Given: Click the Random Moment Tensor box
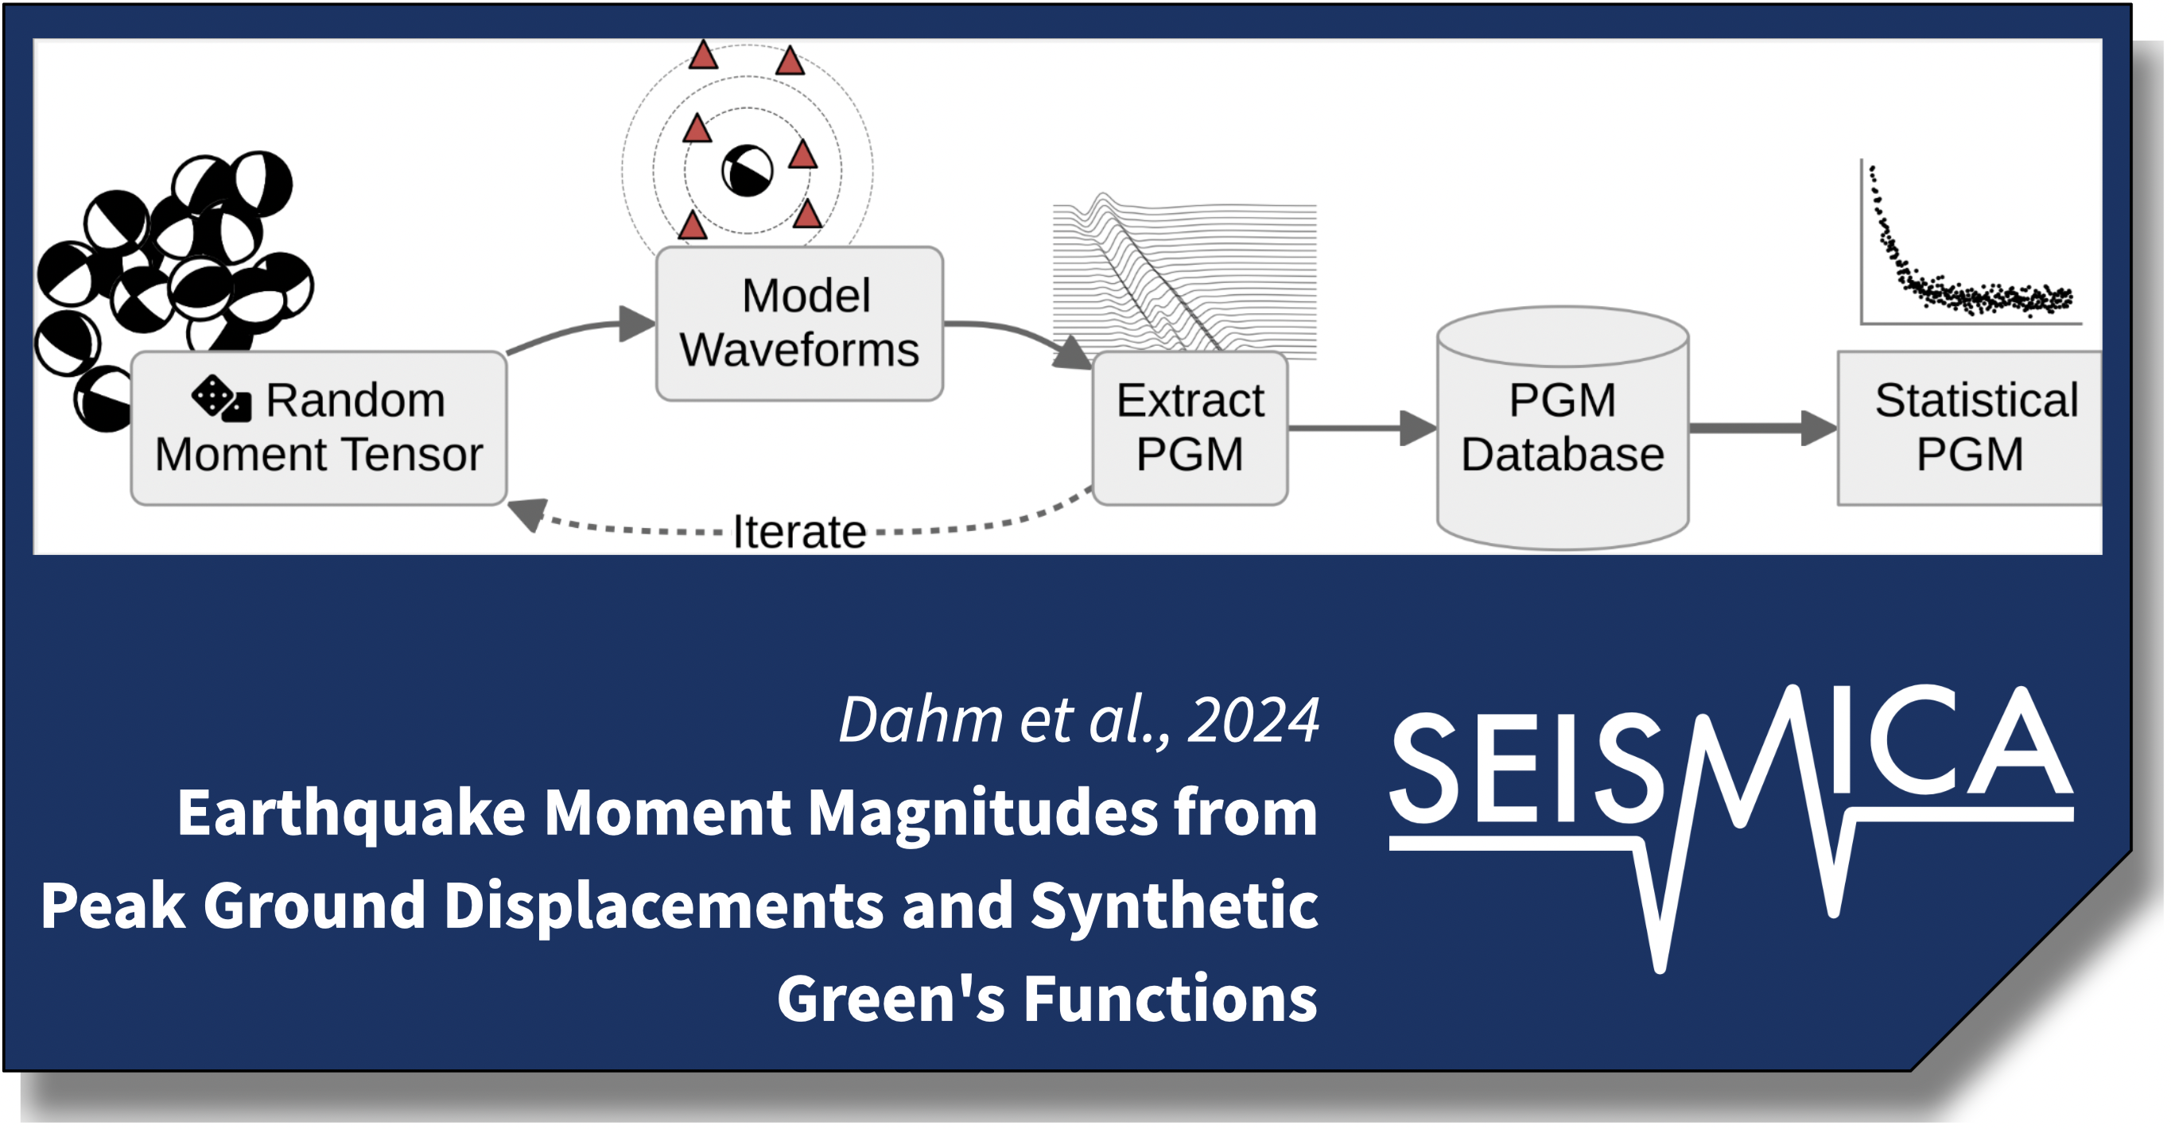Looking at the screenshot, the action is [319, 428].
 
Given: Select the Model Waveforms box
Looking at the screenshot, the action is [799, 324].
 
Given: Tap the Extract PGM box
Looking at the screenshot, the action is [1190, 428].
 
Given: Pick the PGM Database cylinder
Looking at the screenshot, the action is [1563, 428].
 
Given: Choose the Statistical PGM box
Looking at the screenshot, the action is [1969, 428].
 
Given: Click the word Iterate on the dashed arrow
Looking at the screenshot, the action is [799, 532].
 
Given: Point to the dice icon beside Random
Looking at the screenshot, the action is [221, 398].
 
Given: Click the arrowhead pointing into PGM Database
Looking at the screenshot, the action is [1419, 428].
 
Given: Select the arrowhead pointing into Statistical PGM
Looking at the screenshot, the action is [1819, 428].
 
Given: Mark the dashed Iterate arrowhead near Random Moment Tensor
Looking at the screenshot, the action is [527, 514].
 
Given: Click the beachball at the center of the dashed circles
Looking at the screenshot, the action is [748, 171].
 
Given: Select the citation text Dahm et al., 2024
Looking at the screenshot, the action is [1079, 720].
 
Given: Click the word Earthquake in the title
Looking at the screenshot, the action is [351, 814].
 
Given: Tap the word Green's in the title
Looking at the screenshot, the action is [891, 999].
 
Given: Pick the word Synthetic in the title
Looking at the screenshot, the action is [1174, 906].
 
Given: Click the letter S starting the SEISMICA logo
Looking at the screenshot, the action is [1424, 766].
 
